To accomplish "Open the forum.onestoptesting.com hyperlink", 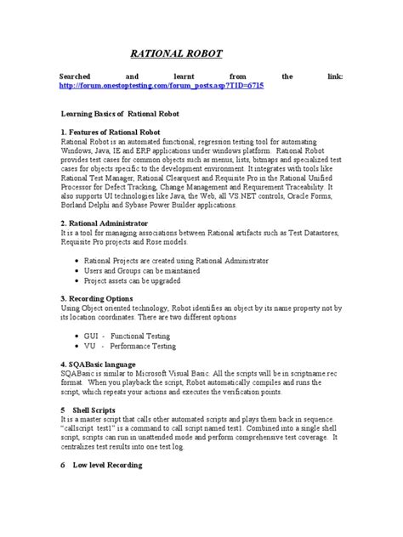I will (160, 86).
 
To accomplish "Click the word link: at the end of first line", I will (332, 76).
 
